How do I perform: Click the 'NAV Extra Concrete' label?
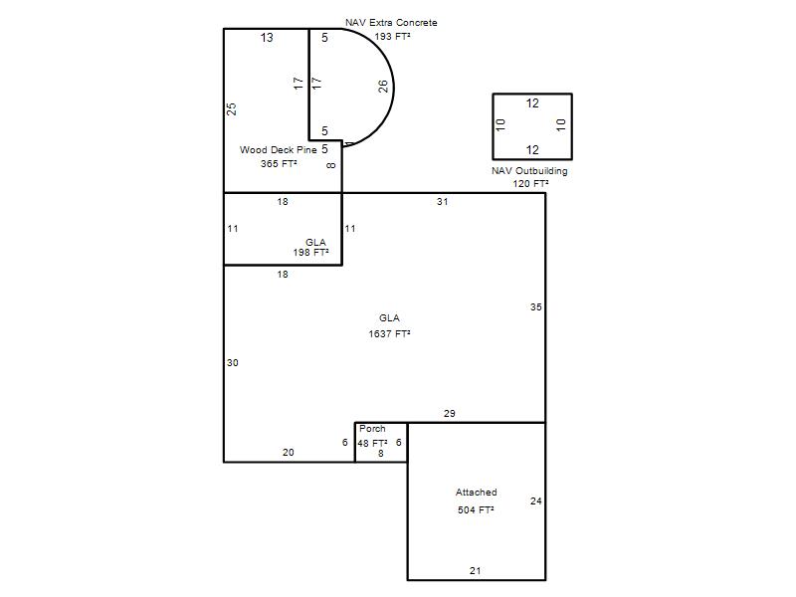point(391,23)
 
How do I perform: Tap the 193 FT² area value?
point(392,37)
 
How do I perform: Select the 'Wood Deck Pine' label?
point(279,150)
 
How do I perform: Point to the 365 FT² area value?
point(279,163)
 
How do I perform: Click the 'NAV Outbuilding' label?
point(529,171)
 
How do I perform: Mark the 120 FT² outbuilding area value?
point(530,184)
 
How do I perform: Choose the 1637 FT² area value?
point(389,333)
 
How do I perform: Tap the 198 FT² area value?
point(310,253)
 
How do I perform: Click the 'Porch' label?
point(372,429)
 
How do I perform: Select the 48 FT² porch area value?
point(372,443)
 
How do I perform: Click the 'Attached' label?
point(477,492)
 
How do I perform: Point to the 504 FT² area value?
point(476,509)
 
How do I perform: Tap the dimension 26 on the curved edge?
point(383,87)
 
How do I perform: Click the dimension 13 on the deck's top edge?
point(267,38)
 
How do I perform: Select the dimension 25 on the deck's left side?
point(232,109)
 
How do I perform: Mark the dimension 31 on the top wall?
point(442,202)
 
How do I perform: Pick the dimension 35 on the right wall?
point(536,307)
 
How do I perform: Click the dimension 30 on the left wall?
point(233,363)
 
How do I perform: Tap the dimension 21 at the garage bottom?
point(476,571)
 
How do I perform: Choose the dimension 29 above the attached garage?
point(450,414)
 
